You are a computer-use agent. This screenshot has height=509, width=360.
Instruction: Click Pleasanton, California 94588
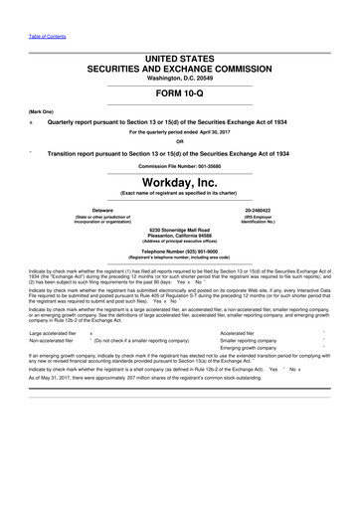coord(180,236)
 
